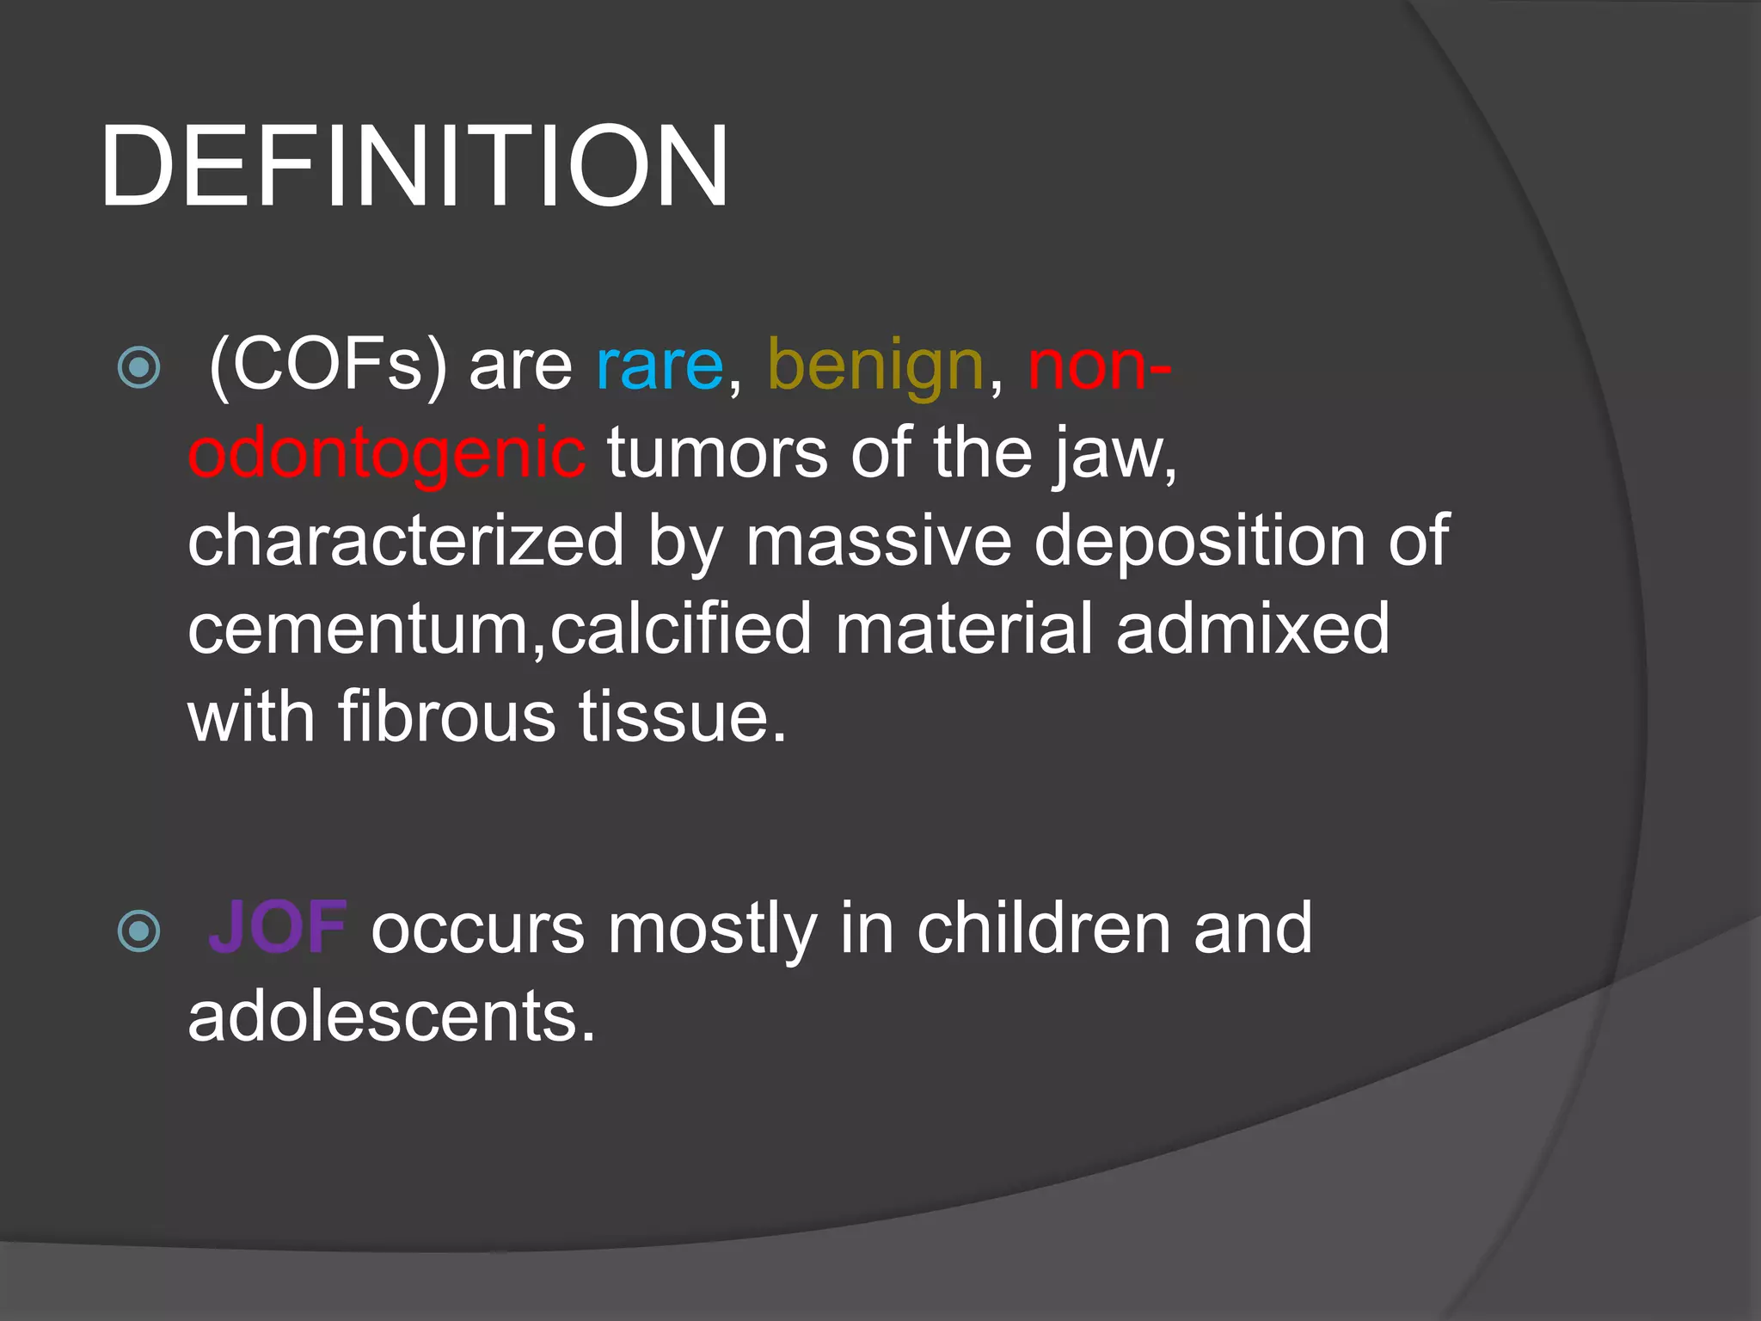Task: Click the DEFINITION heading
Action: tap(414, 167)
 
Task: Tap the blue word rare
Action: tap(660, 366)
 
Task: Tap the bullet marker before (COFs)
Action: tap(138, 368)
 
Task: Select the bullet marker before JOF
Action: tap(138, 931)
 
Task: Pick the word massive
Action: tap(878, 542)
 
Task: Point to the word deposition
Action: tap(1199, 542)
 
